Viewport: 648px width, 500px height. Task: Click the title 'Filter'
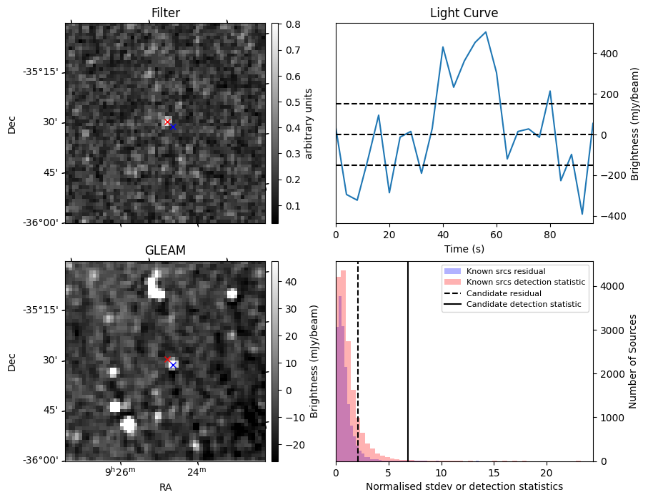[165, 13]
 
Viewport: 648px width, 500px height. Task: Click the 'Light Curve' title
[464, 13]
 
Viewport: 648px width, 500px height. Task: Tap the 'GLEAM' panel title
[165, 250]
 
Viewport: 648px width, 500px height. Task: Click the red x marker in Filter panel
[167, 122]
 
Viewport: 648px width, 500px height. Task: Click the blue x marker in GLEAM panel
[173, 365]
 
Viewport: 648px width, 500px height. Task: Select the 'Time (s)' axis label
[464, 250]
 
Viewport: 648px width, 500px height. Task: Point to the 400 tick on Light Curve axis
[607, 54]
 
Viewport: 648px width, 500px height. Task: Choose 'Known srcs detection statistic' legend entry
[525, 283]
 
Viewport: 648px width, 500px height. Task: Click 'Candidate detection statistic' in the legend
[523, 305]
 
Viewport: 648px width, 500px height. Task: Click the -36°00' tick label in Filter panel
[43, 223]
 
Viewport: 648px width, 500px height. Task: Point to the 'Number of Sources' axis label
[633, 361]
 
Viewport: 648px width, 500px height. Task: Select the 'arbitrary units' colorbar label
[309, 123]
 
